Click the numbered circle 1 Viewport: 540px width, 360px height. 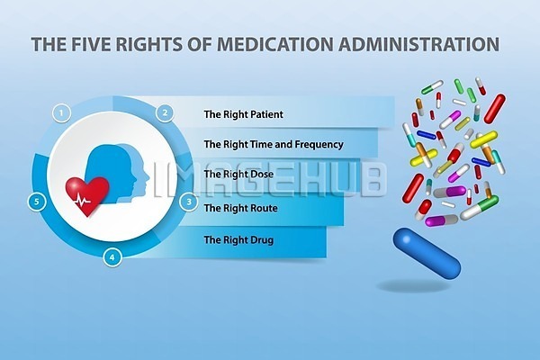[x=61, y=113]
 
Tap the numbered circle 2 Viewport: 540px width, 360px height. [x=166, y=112]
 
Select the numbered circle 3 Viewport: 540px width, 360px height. [x=189, y=202]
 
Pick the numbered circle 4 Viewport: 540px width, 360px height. [x=112, y=257]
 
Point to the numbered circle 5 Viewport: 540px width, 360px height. [x=37, y=202]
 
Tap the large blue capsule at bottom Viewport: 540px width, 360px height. [x=427, y=252]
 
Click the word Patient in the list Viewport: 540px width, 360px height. [x=266, y=114]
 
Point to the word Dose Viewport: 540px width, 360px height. [x=260, y=174]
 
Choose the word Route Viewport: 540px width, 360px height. [x=264, y=208]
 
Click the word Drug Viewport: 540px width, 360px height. [x=262, y=240]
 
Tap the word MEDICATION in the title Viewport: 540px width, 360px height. [x=274, y=44]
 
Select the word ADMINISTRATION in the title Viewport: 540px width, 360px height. [x=418, y=44]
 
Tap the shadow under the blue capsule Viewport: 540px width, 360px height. [x=413, y=286]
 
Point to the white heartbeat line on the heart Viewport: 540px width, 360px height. [x=83, y=199]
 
